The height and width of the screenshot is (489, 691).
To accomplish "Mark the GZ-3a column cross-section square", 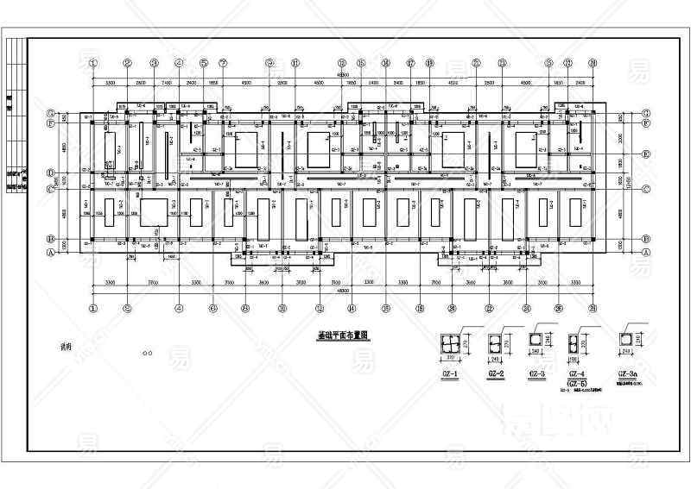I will [x=628, y=340].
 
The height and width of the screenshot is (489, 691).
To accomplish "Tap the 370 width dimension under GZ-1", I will [x=450, y=357].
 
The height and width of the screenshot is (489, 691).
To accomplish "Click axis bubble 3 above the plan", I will [x=154, y=63].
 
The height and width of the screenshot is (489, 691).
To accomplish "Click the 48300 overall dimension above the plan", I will [x=343, y=75].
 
